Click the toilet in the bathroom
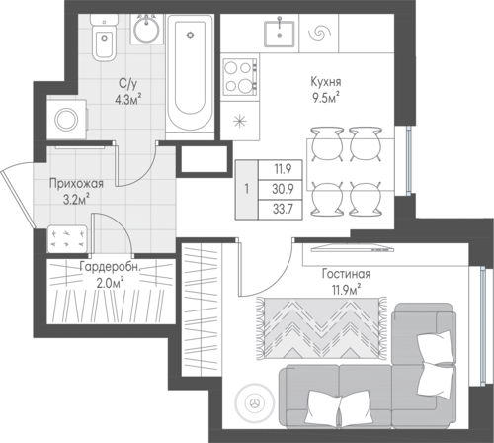coord(104,38)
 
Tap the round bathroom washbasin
coord(146,29)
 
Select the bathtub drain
coord(190,35)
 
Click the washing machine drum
coord(66,120)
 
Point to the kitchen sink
coord(279,34)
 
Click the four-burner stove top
coord(239,77)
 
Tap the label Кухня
coord(326,82)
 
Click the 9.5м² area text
coord(326,98)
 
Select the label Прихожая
coord(76,184)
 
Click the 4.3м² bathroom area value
coord(128,99)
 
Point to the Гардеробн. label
coord(111,267)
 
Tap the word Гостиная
coord(346,274)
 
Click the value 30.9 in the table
coord(283,189)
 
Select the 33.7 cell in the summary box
coord(283,209)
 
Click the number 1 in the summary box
coord(247,190)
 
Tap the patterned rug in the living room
coord(322,328)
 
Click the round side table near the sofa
coord(254,402)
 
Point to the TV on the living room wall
coord(353,248)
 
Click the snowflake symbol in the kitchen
coord(240,121)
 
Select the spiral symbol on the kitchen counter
coord(318,33)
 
